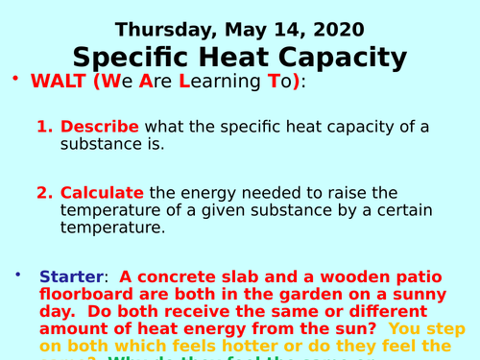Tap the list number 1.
pos(44,127)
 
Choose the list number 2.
pos(44,192)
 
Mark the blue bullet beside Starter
pos(18,275)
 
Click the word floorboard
pos(85,295)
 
